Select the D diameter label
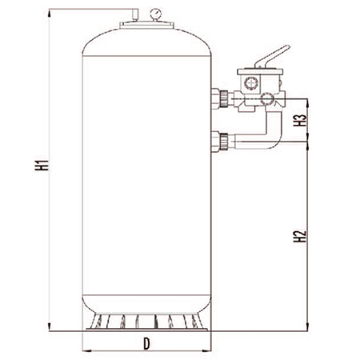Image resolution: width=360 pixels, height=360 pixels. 146,344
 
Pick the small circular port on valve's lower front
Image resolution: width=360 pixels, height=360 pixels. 267,99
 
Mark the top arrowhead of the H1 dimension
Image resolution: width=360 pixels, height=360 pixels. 50,14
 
